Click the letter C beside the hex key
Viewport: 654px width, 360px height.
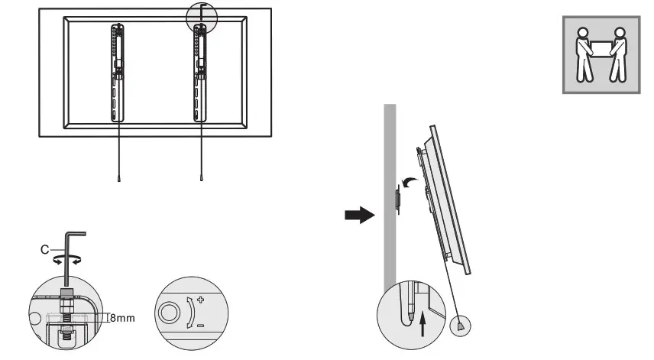coord(45,248)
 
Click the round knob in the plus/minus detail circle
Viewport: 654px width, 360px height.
coord(170,312)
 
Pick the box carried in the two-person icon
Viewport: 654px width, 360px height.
coord(600,47)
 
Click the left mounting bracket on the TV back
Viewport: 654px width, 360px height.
coord(118,72)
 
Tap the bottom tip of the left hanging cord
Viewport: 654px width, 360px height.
coord(119,180)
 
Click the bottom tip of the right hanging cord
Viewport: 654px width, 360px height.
coord(200,180)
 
